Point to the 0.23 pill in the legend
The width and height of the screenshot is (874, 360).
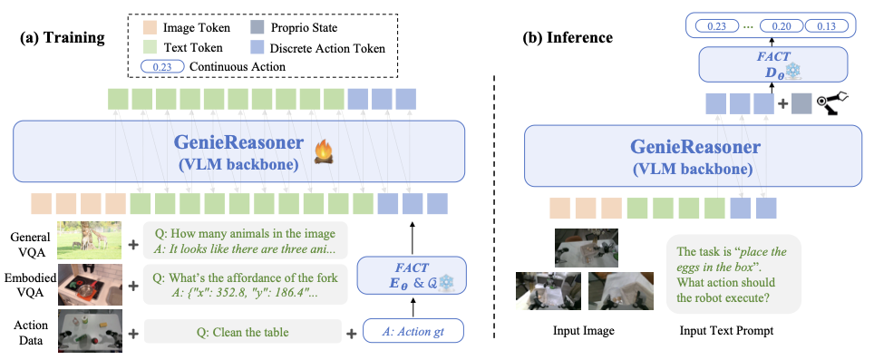164,66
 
